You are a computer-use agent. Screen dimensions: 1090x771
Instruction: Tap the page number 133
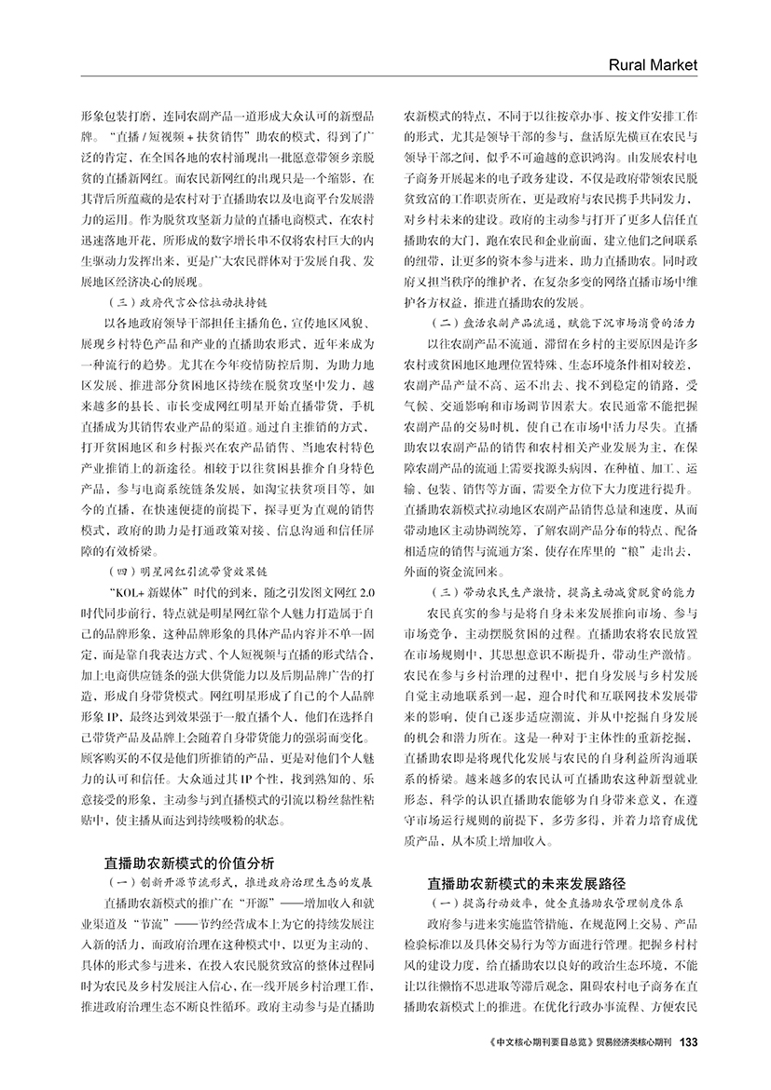690,1042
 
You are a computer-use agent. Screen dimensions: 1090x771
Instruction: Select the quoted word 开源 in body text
269,904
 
